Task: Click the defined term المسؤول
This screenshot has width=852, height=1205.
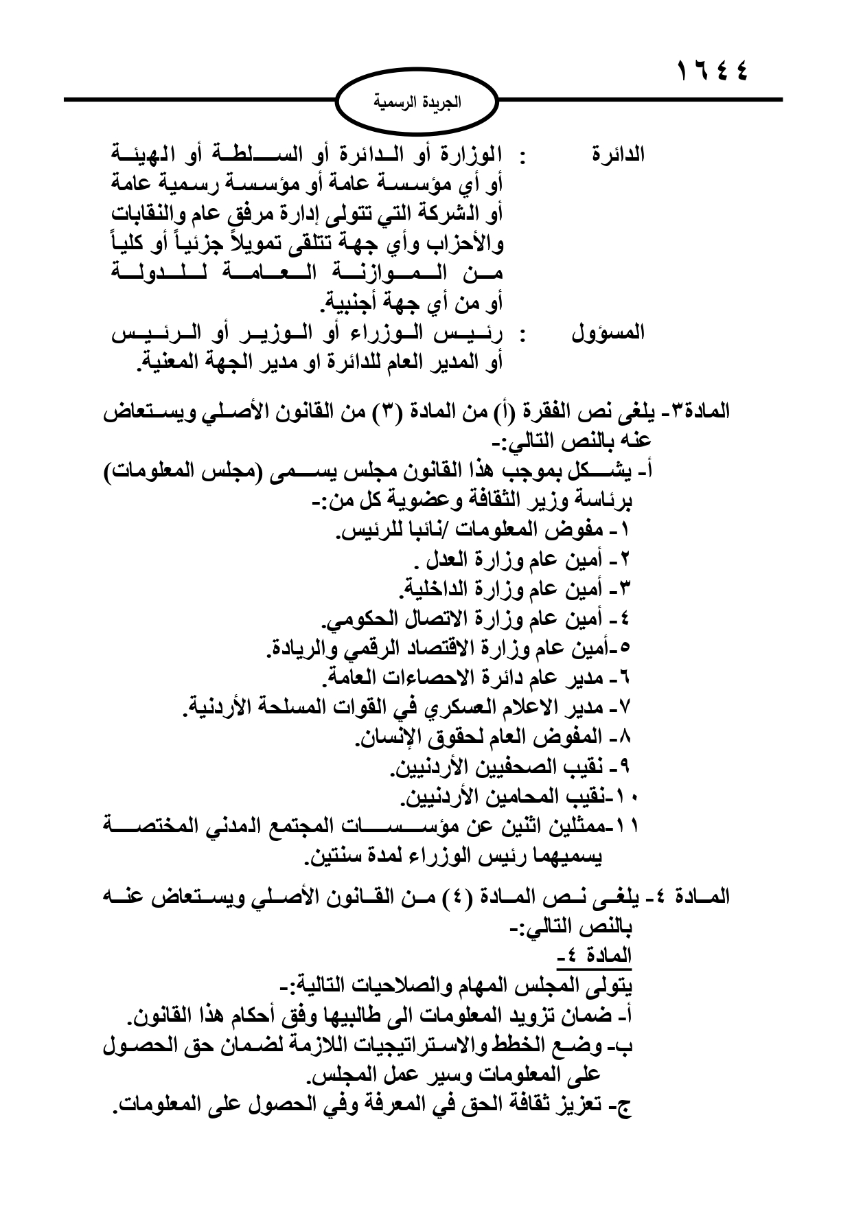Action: click(x=608, y=334)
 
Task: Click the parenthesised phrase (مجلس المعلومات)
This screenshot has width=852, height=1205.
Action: click(x=687, y=473)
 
